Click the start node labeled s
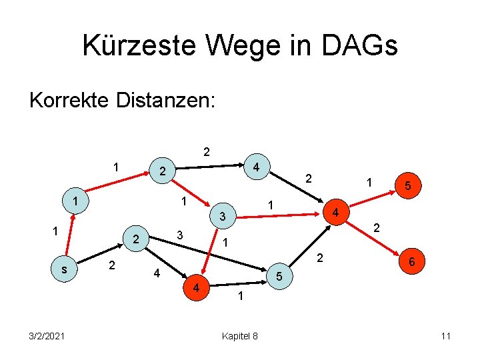63,269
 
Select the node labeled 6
412,263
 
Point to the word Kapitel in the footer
234,335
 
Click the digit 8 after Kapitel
255,335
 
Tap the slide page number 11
446,335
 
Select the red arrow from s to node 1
69,235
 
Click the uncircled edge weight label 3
179,235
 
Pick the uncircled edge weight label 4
156,273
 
